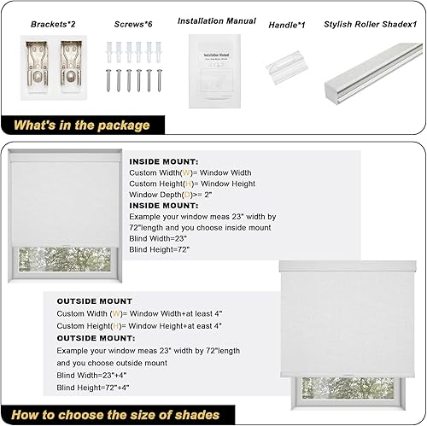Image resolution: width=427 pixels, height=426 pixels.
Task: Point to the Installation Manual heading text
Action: (x=218, y=20)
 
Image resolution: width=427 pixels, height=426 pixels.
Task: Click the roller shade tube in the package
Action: (x=371, y=73)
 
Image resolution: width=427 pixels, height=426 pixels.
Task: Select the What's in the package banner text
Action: (x=82, y=125)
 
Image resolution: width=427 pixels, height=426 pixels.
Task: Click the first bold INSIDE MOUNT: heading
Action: (x=164, y=160)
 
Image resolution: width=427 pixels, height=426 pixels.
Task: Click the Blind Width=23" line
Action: (x=159, y=240)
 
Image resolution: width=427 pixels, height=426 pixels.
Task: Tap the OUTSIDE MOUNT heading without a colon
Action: (x=95, y=301)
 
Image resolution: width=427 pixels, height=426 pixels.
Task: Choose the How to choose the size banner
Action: (x=116, y=414)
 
